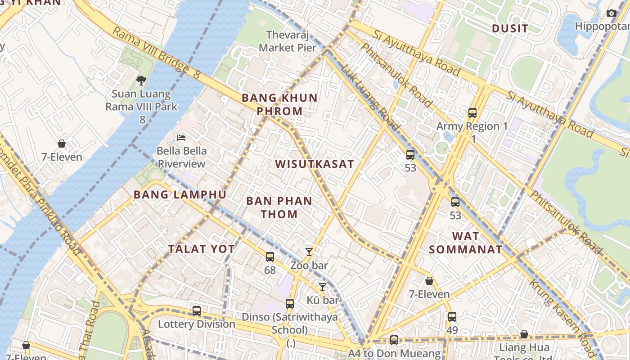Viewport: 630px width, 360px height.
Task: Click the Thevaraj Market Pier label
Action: point(288,41)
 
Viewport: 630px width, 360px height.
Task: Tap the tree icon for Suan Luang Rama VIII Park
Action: point(141,81)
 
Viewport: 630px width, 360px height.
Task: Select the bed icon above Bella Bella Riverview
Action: point(181,137)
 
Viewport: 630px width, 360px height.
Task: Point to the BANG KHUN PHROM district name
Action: point(279,104)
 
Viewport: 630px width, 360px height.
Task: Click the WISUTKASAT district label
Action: point(315,164)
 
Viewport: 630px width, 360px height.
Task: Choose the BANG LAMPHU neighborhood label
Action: point(180,195)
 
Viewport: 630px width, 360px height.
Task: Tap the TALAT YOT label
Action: point(202,249)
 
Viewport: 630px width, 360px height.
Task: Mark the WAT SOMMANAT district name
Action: point(465,243)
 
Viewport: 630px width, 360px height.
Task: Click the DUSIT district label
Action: point(509,29)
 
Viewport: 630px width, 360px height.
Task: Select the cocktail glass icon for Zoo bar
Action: point(309,252)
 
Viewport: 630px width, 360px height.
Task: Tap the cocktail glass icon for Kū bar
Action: point(322,287)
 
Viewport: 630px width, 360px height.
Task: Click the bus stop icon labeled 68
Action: point(270,257)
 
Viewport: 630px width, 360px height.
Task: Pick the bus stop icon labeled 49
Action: point(452,317)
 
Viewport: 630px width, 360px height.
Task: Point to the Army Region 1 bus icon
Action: point(472,113)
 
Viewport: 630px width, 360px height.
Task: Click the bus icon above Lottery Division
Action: point(197,311)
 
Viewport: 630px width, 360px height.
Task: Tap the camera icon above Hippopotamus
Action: point(611,13)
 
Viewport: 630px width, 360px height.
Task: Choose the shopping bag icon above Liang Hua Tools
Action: point(524,334)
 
